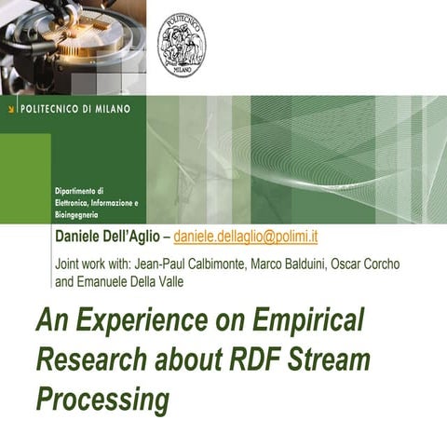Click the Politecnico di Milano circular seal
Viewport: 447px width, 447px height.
click(183, 44)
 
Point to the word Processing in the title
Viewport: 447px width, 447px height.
click(102, 399)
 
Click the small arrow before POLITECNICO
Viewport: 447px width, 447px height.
click(9, 108)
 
